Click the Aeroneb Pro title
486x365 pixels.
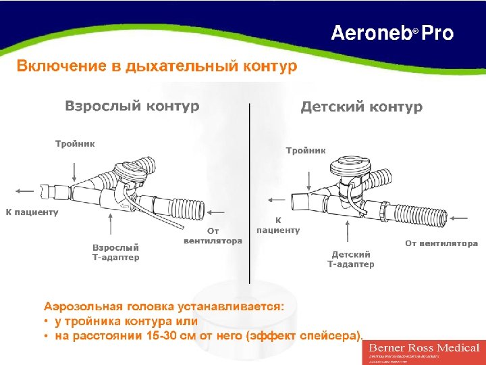point(391,33)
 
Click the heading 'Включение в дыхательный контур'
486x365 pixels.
point(157,66)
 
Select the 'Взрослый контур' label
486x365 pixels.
point(132,106)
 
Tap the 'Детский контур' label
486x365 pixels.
point(361,107)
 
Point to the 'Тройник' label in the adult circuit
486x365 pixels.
point(75,143)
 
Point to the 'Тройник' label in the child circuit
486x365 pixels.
point(306,150)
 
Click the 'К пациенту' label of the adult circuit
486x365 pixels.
point(32,212)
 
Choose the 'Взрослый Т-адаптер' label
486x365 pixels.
point(116,252)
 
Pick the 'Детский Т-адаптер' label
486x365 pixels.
point(351,259)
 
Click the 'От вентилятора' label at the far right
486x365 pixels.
point(441,243)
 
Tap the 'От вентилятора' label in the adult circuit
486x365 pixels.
point(213,237)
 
